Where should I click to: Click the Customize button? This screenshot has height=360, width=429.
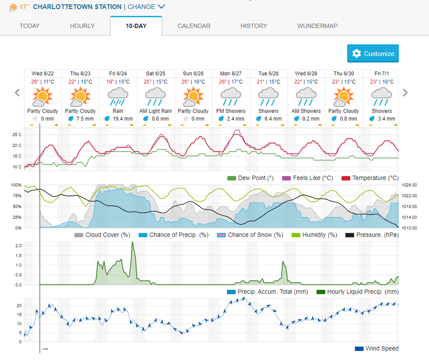pos(373,54)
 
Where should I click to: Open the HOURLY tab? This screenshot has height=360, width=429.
pos(82,26)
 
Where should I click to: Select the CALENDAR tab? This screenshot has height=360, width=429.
pos(194,26)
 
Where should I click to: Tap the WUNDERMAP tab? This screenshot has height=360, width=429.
pos(317,26)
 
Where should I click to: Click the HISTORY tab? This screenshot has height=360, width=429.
pos(253,26)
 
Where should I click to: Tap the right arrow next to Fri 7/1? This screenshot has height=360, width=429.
pos(405,93)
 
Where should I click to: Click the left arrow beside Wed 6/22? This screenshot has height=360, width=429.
pos(18,93)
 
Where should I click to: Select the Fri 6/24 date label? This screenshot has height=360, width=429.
pos(117,73)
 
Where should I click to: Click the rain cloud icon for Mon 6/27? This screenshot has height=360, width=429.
pos(230,96)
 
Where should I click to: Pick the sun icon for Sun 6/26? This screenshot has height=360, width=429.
pos(193,96)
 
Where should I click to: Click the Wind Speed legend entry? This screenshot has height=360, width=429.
pos(381,349)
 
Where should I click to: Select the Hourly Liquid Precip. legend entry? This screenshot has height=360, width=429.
pos(363,292)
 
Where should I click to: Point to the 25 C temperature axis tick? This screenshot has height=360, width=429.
pos(17,135)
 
